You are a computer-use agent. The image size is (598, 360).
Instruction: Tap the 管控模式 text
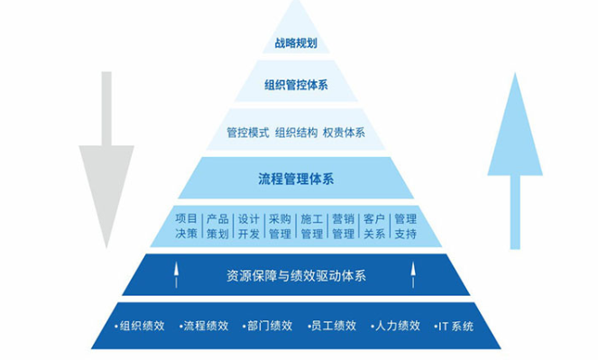pos(247,133)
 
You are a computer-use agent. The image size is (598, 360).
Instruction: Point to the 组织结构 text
pos(296,133)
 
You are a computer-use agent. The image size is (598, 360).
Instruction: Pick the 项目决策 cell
pos(186,226)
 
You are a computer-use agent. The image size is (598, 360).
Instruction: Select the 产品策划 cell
pos(217,226)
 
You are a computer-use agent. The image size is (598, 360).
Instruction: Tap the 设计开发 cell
pos(249,226)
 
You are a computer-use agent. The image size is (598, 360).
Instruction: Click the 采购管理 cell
pos(280,226)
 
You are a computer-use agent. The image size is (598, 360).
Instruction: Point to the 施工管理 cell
pos(311,226)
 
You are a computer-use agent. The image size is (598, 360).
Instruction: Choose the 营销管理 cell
pos(343,226)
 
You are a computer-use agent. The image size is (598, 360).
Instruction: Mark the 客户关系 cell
pos(374,226)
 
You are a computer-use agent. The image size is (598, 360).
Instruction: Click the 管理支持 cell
pos(405,226)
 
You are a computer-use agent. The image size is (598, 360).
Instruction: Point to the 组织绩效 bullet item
pos(137,326)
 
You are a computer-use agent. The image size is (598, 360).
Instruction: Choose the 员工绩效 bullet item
pos(329,326)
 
